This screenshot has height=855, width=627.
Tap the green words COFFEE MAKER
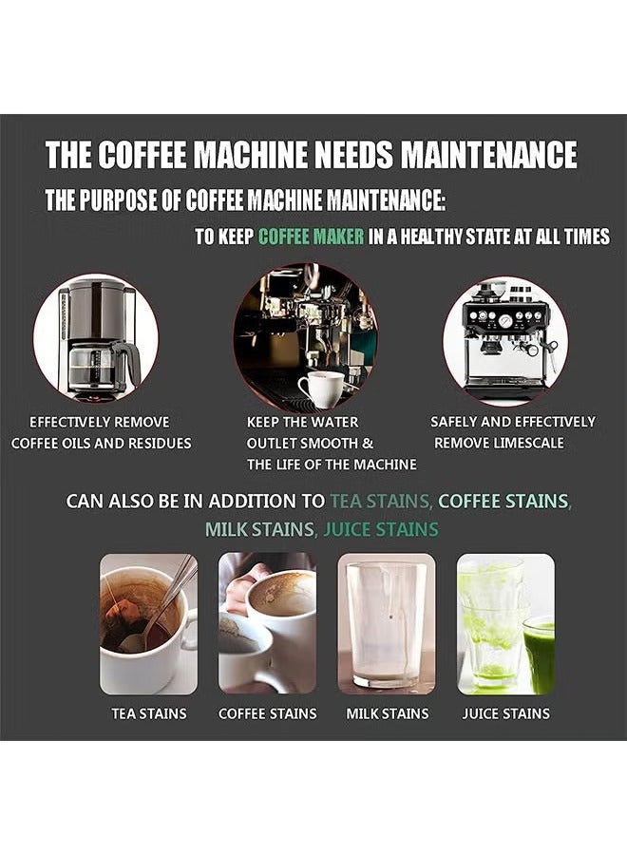[311, 237]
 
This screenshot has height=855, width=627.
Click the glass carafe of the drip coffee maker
[93, 363]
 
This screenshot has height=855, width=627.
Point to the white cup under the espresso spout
[320, 389]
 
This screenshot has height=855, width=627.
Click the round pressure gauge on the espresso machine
[505, 321]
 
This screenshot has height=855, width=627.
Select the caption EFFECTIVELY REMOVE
[100, 422]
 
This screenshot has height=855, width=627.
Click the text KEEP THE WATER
[302, 422]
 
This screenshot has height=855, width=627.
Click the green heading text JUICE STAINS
[381, 529]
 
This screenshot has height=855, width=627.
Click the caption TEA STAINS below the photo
[149, 713]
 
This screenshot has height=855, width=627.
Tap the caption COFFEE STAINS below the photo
[267, 713]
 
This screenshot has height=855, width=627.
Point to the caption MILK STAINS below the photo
[386, 713]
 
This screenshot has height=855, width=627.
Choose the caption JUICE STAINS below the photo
[505, 713]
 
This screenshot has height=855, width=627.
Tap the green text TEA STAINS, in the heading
[380, 501]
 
